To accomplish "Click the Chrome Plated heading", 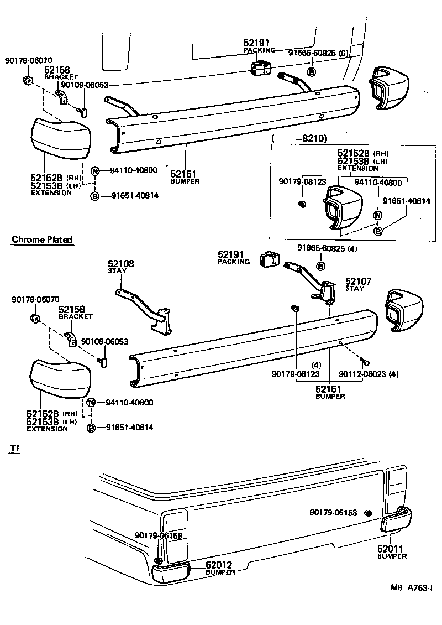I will pyautogui.click(x=42, y=239).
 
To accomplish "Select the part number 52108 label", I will pyautogui.click(x=120, y=264).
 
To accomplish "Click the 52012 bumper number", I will pyautogui.click(x=220, y=565).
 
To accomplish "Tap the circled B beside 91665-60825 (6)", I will pyautogui.click(x=312, y=72).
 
